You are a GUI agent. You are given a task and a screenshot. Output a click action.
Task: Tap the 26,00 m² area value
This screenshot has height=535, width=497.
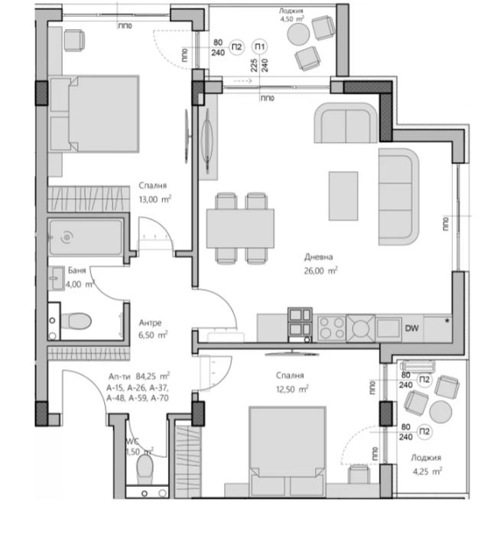click(x=320, y=270)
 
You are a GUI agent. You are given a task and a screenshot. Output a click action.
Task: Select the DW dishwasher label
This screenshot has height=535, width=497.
click(x=411, y=329)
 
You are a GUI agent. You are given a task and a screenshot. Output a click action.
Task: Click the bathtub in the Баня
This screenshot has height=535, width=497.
click(x=84, y=238)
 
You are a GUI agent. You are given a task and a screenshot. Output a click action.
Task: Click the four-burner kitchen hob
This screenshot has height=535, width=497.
click(x=331, y=328)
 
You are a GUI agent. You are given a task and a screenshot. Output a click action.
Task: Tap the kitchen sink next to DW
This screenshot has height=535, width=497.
click(x=361, y=328)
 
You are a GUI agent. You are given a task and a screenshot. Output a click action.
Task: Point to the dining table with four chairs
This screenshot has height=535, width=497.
click(x=239, y=228)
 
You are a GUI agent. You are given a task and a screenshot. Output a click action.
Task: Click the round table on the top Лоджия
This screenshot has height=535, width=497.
click(x=297, y=34)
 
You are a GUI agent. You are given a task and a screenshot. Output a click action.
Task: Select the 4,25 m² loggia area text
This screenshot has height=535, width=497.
click(x=425, y=471)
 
